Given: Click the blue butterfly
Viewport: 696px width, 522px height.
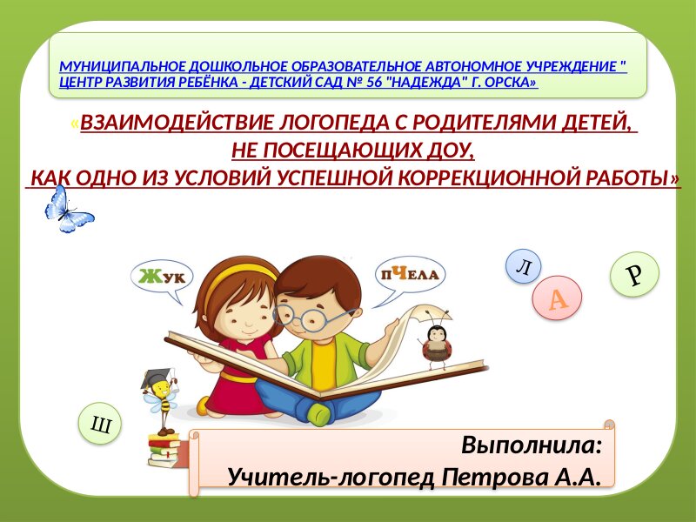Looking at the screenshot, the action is tap(68, 211).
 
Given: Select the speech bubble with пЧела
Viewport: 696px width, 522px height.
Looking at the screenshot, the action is tap(409, 276).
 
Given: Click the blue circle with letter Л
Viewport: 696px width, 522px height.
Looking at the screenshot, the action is tap(524, 266).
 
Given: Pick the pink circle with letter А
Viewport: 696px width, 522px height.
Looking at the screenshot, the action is tap(557, 298).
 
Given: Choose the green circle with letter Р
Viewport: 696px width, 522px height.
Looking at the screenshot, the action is tap(635, 274).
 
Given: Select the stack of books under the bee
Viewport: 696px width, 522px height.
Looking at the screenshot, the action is tap(164, 450).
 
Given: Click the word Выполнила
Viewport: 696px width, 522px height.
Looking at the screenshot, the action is tap(532, 445).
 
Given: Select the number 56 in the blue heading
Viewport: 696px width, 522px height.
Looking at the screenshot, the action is tap(375, 83).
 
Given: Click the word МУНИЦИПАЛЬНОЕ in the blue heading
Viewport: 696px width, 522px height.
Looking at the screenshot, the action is tap(123, 67).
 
